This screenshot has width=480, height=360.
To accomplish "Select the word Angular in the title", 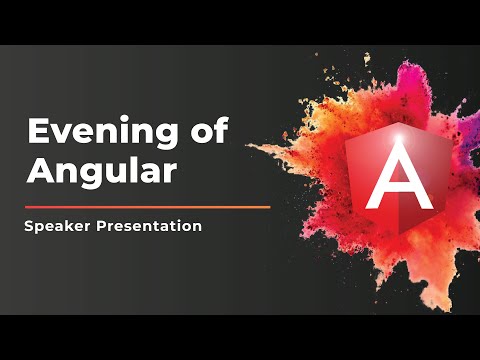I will [103, 169].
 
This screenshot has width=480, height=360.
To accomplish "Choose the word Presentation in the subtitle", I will [149, 226].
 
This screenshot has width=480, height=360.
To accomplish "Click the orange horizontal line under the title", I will [147, 207].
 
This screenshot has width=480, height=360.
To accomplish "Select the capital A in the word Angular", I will [40, 169].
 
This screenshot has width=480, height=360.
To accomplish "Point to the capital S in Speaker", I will [31, 226].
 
